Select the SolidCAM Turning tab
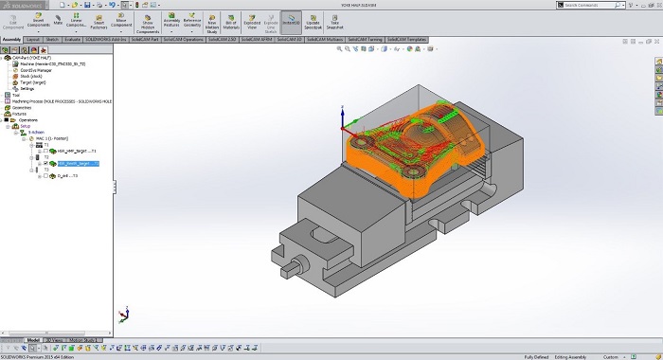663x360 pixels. click(x=365, y=39)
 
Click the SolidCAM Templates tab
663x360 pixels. click(x=406, y=39)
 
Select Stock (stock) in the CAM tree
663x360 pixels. click(x=32, y=76)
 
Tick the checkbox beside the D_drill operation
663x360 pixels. click(x=45, y=175)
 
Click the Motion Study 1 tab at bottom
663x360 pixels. click(x=84, y=339)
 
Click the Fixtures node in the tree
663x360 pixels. click(x=19, y=114)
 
